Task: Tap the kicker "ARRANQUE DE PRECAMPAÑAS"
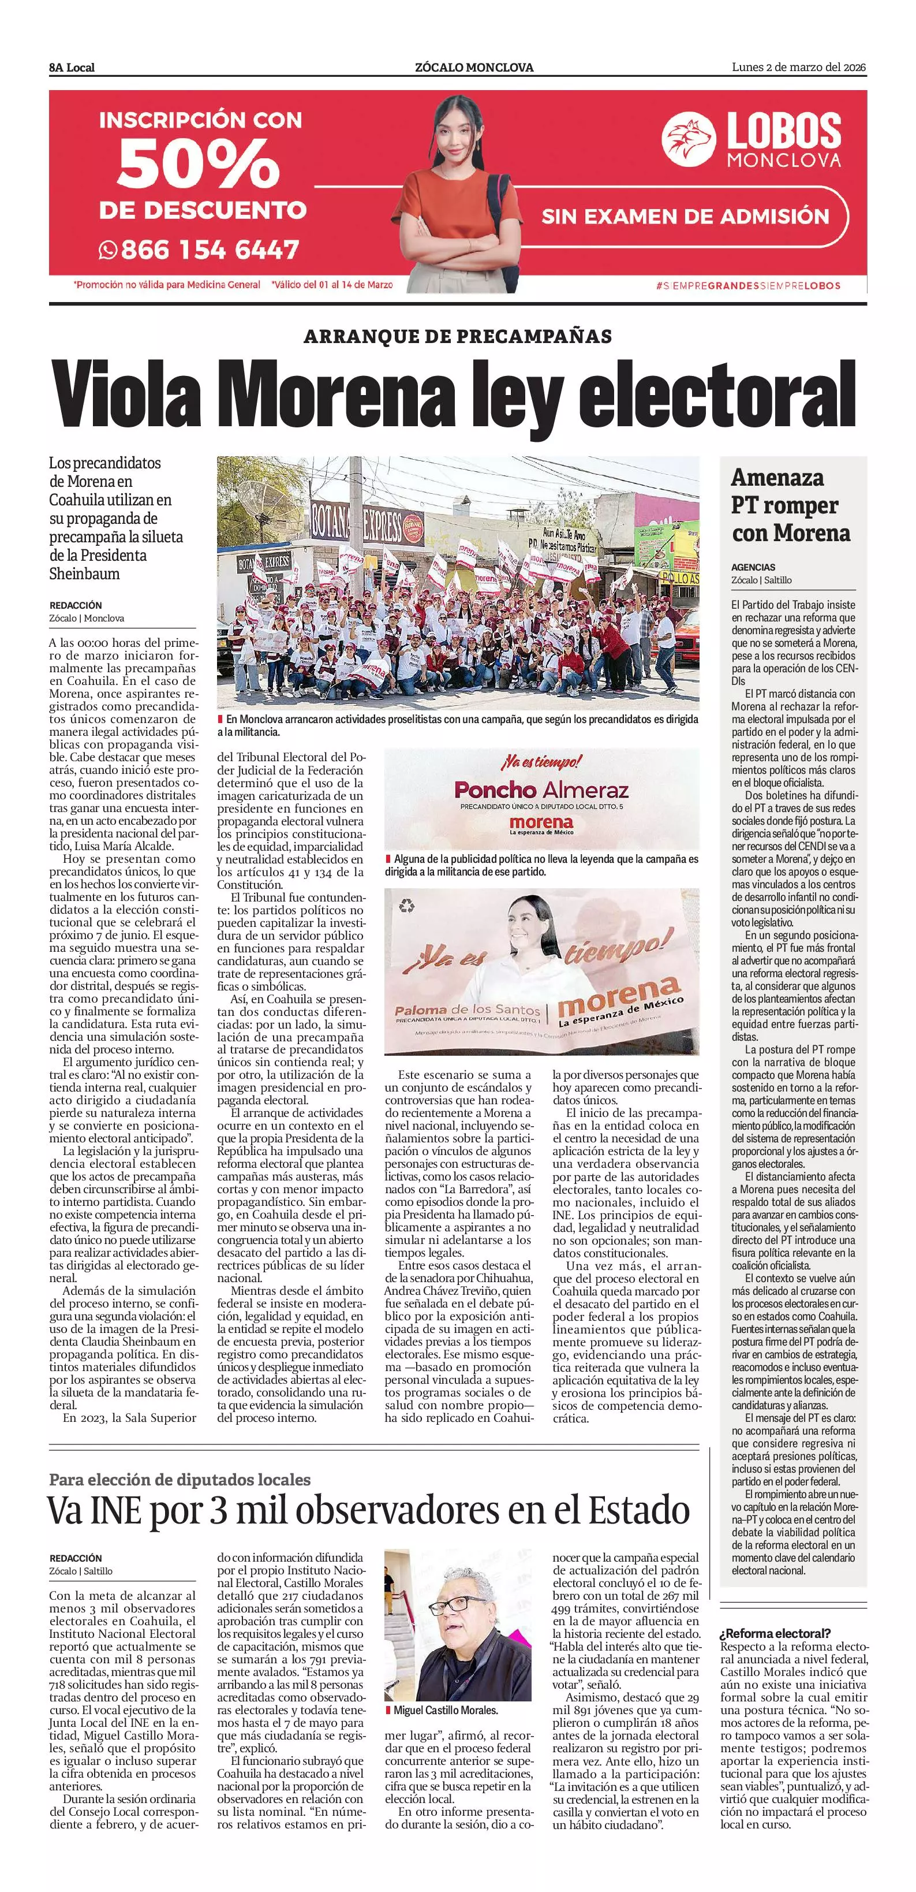point(457,336)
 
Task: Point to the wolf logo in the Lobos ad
point(688,140)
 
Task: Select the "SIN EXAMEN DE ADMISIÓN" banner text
point(685,217)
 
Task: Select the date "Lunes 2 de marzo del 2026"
point(799,68)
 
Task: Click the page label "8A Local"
point(72,68)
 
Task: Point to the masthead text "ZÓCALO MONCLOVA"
point(474,68)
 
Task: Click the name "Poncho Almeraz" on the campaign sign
point(541,789)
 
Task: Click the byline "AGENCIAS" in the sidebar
point(753,567)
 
